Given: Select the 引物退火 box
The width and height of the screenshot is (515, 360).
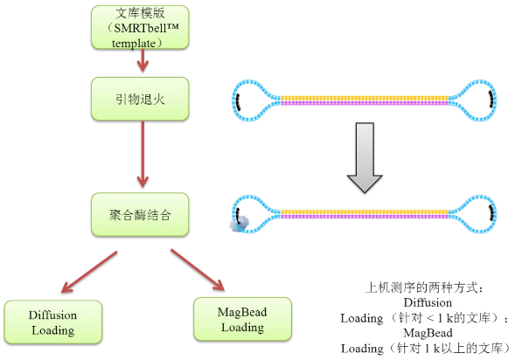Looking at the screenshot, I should point(140,99).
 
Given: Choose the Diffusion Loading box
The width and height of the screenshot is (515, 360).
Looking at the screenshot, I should point(53,322).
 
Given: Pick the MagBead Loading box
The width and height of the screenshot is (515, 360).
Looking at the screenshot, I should point(242,319).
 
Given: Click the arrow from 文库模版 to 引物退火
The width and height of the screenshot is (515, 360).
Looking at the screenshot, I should point(141,62).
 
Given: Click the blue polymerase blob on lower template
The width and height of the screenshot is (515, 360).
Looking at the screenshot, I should point(238,224).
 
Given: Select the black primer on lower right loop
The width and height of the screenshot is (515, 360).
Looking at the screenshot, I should point(493,211).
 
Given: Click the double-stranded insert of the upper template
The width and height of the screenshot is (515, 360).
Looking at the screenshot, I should point(363,100).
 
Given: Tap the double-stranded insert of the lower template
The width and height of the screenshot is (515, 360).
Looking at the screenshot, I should point(363,211).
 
